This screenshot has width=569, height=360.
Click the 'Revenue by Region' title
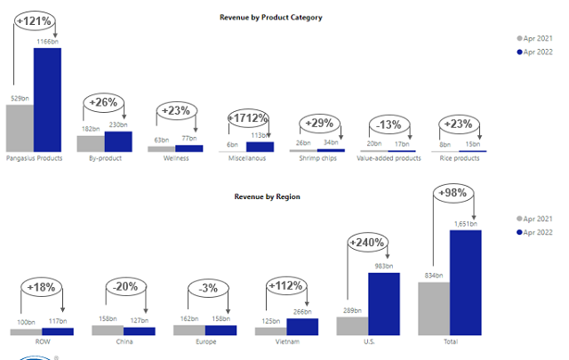pyautogui.click(x=266, y=196)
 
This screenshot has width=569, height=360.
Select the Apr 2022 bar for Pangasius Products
pyautogui.click(x=47, y=100)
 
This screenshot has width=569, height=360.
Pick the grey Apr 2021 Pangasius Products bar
pyautogui.click(x=20, y=128)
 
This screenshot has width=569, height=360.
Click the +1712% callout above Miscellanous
pyautogui.click(x=250, y=117)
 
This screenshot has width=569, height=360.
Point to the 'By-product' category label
pyautogui.click(x=105, y=158)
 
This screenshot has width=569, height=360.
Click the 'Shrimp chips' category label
pyautogui.click(x=316, y=158)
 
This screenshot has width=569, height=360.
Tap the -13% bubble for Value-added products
pyautogui.click(x=389, y=124)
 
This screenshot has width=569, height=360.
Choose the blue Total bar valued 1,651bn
pyautogui.click(x=465, y=283)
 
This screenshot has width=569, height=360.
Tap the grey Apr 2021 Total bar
pyautogui.click(x=434, y=308)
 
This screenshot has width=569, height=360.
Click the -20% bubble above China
pyautogui.click(x=124, y=286)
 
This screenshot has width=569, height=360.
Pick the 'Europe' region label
pyautogui.click(x=204, y=340)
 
